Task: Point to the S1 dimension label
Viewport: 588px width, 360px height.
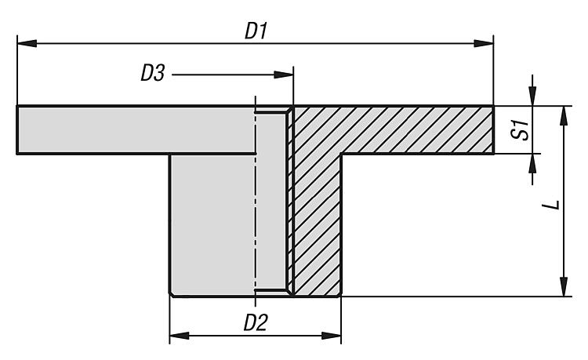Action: [517, 129]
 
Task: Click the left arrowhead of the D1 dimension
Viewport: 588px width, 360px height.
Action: [24, 44]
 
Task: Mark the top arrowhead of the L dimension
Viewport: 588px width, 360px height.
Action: [562, 113]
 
